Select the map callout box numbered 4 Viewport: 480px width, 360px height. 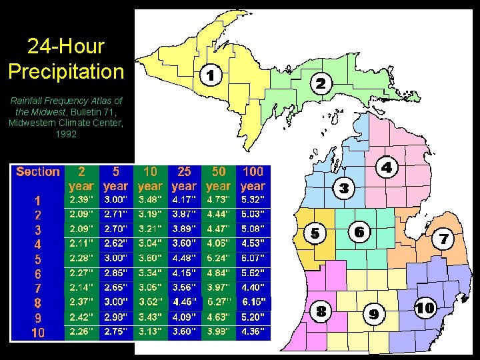(387, 167)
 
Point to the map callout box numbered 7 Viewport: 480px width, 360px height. (445, 237)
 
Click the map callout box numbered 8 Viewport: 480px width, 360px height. (321, 311)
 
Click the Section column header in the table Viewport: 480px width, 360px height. (38, 172)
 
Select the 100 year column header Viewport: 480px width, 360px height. (253, 179)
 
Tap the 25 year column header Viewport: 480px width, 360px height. (184, 179)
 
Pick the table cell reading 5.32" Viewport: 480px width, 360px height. (253, 200)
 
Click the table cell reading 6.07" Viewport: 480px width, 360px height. (253, 259)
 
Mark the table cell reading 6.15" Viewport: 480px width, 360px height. (253, 302)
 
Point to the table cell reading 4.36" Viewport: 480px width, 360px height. (253, 331)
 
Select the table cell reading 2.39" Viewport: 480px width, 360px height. (82, 200)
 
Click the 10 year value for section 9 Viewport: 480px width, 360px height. (150, 317)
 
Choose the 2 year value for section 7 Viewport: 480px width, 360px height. (82, 287)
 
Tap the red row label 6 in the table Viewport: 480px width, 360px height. (38, 273)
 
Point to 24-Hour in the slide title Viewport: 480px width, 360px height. (66, 46)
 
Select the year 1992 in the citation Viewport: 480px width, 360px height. (66, 134)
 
